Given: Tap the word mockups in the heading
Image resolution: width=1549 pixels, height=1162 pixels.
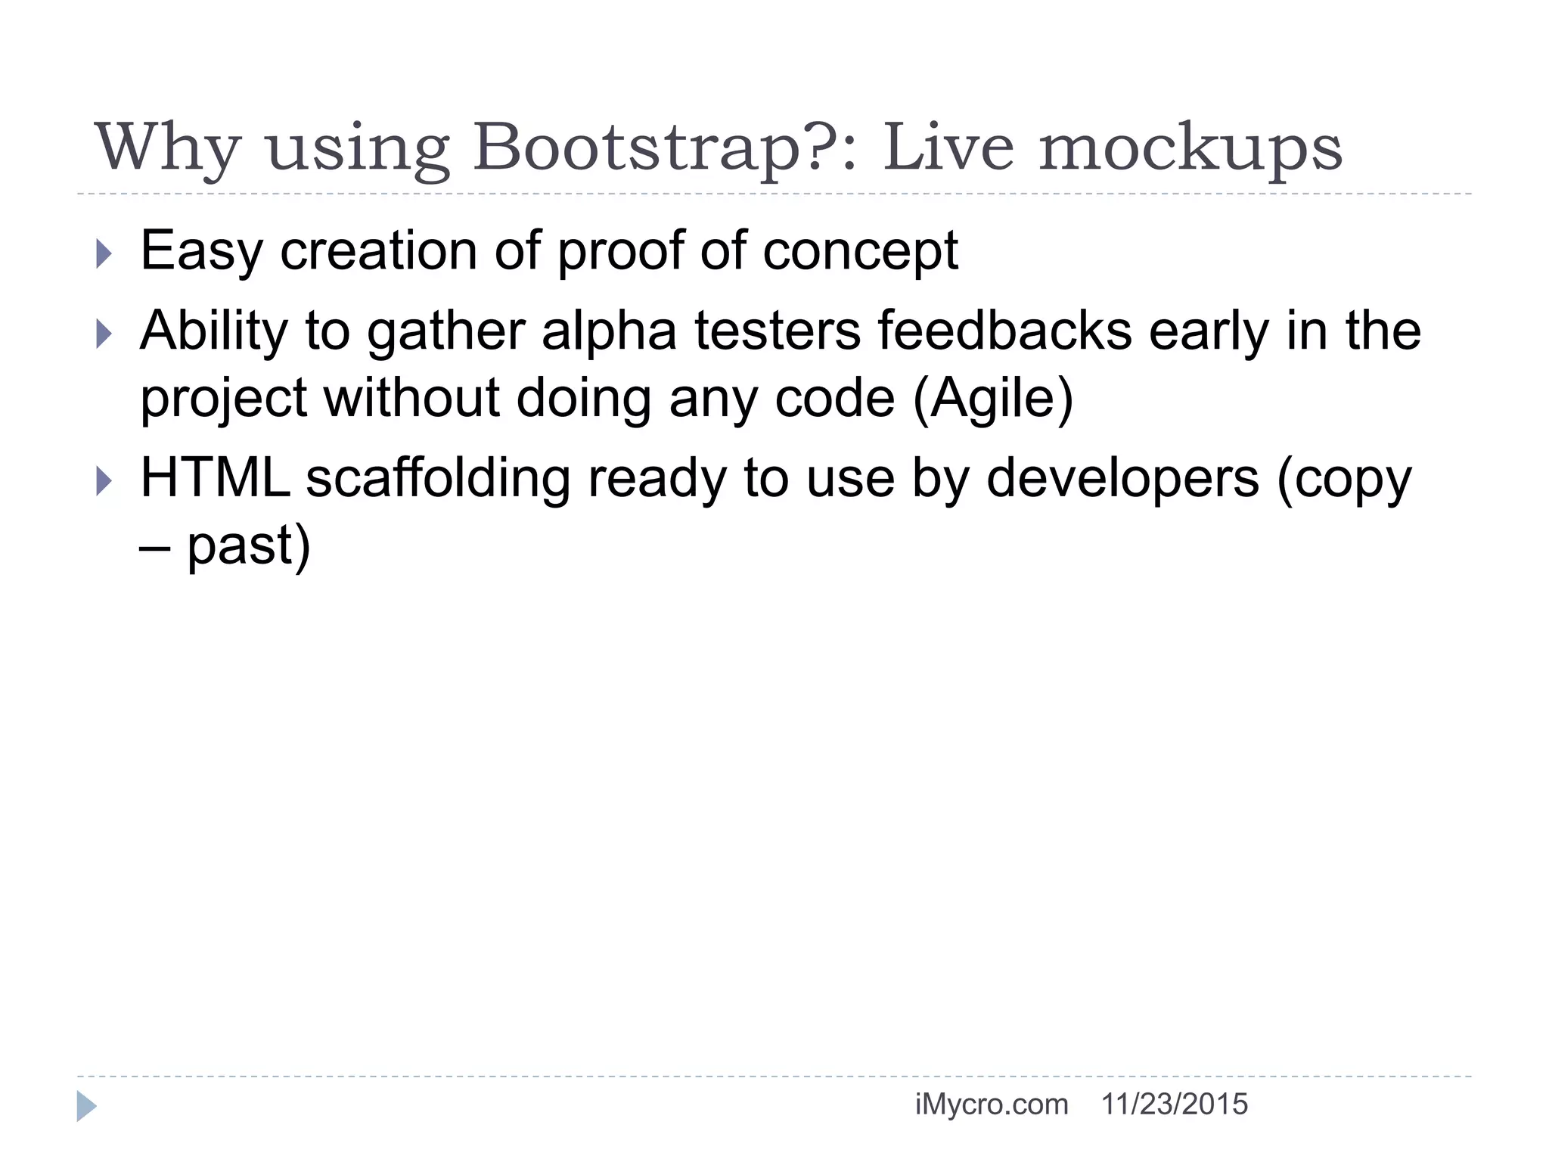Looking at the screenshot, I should coord(1190,148).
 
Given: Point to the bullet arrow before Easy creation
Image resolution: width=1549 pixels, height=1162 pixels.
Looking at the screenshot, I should coord(104,253).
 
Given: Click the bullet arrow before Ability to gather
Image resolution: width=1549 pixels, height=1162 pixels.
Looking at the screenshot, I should coord(104,333).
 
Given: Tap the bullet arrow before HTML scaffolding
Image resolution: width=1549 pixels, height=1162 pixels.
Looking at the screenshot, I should coord(104,480).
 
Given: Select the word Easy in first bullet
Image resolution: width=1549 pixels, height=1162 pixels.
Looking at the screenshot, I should coord(201,251).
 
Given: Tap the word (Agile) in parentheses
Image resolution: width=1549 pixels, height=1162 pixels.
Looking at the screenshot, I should coord(993,399).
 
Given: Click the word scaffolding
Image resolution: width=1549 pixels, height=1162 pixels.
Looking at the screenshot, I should coord(438,479).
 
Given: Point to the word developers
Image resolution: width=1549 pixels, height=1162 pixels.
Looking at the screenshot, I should coord(1122,479).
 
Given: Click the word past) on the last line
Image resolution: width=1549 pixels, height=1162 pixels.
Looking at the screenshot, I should coord(249,545).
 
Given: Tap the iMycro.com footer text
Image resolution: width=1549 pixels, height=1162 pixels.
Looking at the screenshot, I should coord(991,1105).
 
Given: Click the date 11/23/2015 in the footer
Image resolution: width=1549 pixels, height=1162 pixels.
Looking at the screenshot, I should coord(1174,1105).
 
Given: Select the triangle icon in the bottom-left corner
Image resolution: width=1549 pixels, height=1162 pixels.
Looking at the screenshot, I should coord(86,1106).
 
